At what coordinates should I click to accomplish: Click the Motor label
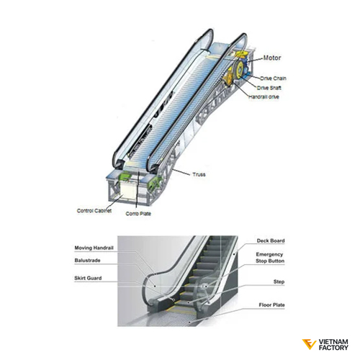[272, 58]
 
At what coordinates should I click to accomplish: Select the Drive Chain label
[273, 78]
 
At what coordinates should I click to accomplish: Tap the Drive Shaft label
[269, 88]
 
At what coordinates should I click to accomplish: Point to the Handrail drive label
[264, 97]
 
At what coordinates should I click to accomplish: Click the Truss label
[199, 174]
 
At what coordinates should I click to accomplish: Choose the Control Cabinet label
[94, 211]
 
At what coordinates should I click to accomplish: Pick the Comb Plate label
[138, 214]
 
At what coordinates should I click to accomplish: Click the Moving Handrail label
[94, 248]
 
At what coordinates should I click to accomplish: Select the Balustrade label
[87, 261]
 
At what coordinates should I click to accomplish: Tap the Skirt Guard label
[88, 278]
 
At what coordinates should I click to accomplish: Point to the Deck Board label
[271, 240]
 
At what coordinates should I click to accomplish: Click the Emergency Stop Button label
[270, 258]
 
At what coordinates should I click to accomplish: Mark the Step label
[279, 282]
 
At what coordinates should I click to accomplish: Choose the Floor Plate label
[271, 305]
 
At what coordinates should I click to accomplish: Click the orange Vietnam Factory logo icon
[309, 344]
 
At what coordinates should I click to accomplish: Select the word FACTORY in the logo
[333, 347]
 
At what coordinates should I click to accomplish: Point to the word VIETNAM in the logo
[333, 341]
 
